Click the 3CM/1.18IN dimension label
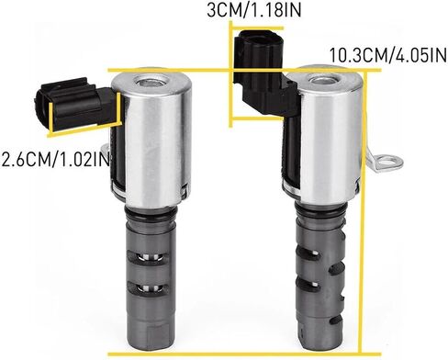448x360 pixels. [x=253, y=10]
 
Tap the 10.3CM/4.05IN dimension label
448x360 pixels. [x=387, y=56]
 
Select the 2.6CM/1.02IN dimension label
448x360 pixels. [x=55, y=160]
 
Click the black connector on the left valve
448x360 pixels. [x=73, y=103]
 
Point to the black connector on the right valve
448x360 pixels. [x=264, y=72]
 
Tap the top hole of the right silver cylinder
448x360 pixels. [x=325, y=81]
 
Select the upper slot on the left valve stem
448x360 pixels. [x=148, y=256]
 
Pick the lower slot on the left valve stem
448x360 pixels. [x=148, y=287]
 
